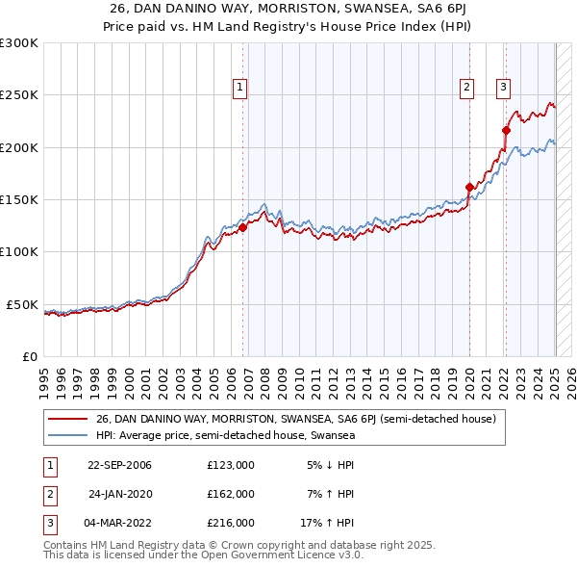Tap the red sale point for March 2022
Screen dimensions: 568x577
coord(506,130)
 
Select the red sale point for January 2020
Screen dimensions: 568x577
coord(469,187)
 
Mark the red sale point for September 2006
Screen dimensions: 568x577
coord(242,227)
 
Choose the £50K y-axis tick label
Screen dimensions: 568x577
coord(22,304)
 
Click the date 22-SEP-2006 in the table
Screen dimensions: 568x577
coord(119,465)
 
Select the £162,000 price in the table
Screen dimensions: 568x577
coord(231,494)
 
